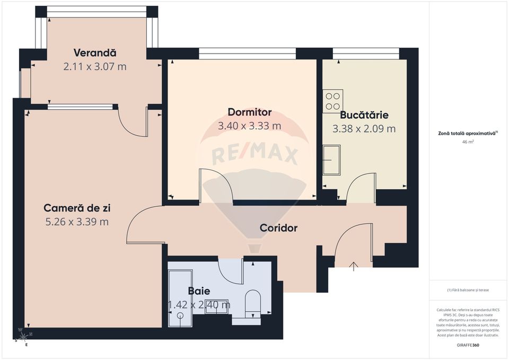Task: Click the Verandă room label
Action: [95, 53]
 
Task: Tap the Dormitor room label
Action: [249, 112]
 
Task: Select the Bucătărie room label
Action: [364, 115]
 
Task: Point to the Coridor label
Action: [278, 228]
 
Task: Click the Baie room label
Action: [199, 291]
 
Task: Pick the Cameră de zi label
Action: [77, 208]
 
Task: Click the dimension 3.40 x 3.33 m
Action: [249, 126]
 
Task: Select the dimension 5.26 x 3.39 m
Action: [77, 222]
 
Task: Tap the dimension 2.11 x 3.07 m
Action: [95, 67]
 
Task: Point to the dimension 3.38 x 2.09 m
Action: [364, 129]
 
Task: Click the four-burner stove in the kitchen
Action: [333, 101]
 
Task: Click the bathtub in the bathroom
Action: [180, 299]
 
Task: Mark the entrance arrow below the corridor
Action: [354, 266]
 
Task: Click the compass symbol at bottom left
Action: [23, 335]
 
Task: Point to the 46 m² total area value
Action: [468, 142]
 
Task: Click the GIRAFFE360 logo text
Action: [468, 346]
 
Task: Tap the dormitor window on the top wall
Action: [247, 54]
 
